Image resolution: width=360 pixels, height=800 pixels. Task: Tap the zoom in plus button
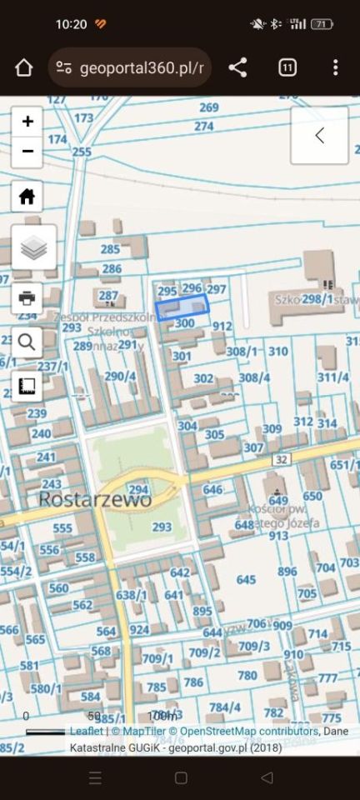[27, 122]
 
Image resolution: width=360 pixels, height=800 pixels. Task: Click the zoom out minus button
[27, 151]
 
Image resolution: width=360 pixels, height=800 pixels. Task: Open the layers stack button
[34, 247]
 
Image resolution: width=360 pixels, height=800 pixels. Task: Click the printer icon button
[27, 297]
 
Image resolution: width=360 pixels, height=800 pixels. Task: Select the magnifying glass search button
[27, 342]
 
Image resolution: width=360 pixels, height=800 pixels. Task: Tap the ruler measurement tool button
[27, 386]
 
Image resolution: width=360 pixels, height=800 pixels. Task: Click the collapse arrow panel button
[319, 136]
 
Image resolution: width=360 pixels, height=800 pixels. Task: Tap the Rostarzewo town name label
[95, 500]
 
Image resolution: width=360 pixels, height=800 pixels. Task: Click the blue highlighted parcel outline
[181, 307]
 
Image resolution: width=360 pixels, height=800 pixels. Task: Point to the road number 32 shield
[280, 459]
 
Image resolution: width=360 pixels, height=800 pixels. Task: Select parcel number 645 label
[246, 579]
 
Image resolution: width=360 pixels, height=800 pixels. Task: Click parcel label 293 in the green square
[162, 527]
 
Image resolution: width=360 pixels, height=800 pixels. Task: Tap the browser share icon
[238, 67]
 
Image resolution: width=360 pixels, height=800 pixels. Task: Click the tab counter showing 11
[287, 67]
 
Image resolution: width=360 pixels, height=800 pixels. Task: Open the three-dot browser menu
[335, 67]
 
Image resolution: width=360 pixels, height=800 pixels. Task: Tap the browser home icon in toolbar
[23, 67]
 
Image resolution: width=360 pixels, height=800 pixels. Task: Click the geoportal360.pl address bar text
[142, 67]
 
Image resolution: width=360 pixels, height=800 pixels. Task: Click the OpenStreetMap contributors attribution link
[248, 731]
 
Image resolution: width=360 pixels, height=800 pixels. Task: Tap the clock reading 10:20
[71, 24]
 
